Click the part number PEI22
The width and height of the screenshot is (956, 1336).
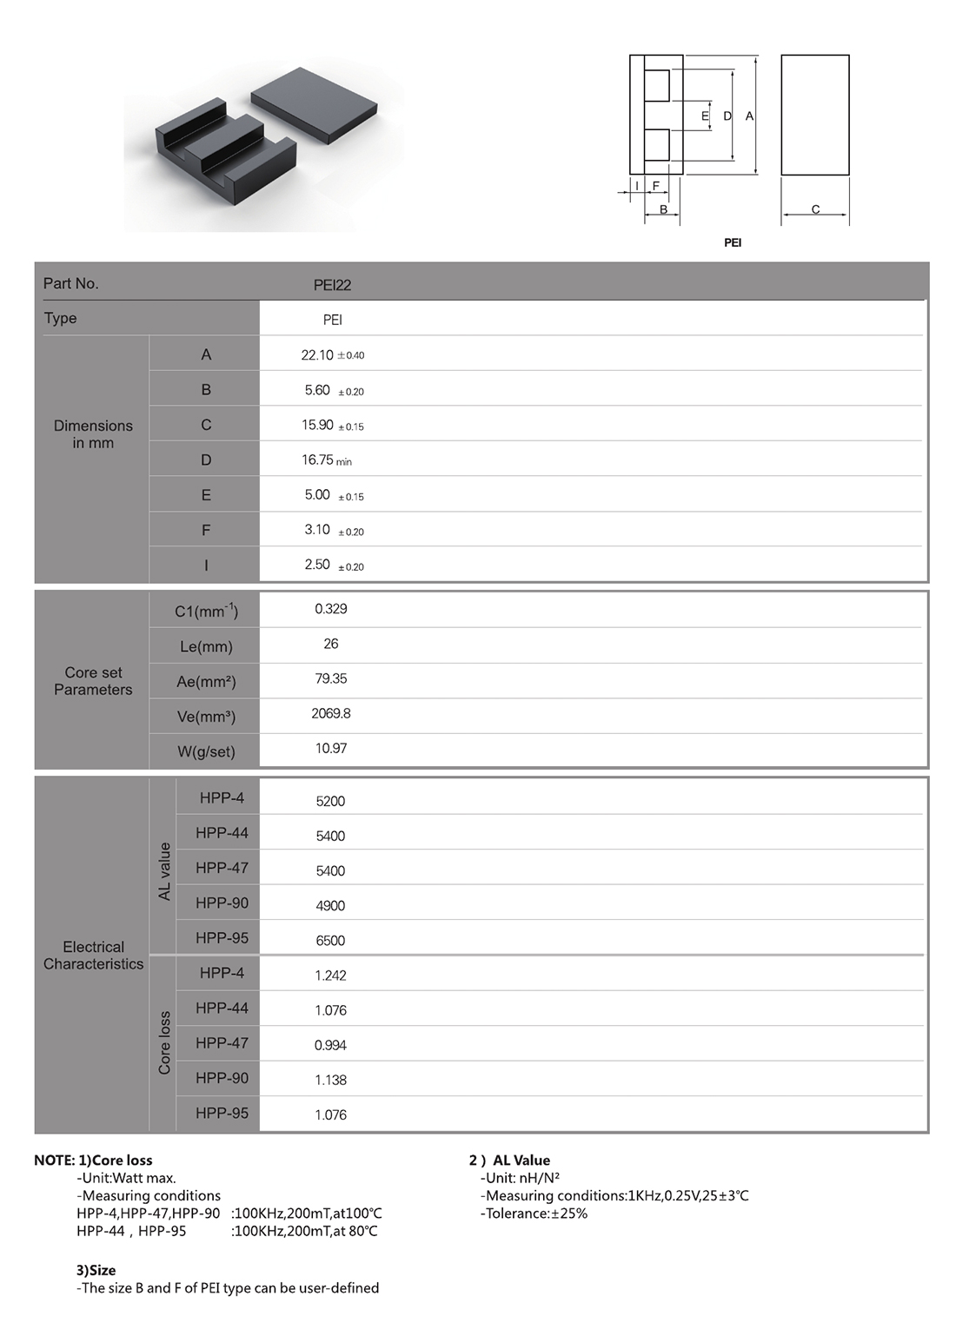pos(332,285)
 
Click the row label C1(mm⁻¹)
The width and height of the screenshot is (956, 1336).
pos(206,612)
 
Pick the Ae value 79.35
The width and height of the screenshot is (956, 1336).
pos(331,678)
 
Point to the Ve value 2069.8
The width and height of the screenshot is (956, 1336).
pos(331,713)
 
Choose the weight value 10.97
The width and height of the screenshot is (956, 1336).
pos(331,748)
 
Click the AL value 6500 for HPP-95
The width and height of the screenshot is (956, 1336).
pos(330,941)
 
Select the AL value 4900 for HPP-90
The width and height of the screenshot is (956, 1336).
pos(330,906)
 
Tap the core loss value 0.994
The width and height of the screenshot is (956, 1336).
pos(330,1045)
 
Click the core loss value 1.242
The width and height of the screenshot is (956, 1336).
pos(330,976)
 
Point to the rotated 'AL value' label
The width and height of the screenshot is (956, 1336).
pos(164,871)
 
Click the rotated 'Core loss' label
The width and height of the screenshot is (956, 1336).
pos(164,1042)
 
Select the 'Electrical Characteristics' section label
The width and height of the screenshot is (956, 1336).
pos(93,956)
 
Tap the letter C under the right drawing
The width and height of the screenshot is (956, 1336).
pos(815,209)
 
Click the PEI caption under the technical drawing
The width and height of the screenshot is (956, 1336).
pos(733,243)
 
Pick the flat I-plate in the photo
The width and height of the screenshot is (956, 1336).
pos(315,105)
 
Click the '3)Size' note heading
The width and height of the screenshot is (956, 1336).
pos(96,1270)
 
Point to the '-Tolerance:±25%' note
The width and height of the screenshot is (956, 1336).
pos(534,1214)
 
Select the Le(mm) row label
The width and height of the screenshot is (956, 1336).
pos(206,647)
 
